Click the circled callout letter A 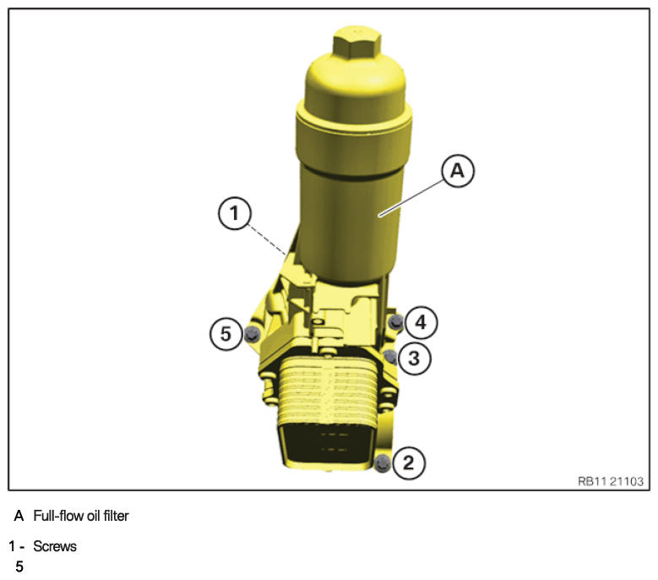coord(458,171)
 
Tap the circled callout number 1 coord(235,213)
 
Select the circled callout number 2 coord(408,462)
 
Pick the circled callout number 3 coord(414,358)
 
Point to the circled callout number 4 coord(421,322)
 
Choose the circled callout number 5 coord(226,334)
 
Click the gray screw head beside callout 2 coord(382,463)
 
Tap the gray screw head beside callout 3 coord(390,357)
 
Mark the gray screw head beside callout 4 coord(395,322)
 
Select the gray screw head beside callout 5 coord(252,334)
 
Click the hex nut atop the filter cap coord(357,42)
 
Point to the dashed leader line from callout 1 coord(267,239)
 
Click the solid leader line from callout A coord(411,197)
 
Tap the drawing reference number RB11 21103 coord(610,481)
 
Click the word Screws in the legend coord(55,546)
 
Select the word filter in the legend coord(117,516)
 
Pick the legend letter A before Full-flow coord(19,516)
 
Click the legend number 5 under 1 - coord(19,566)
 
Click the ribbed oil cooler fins coord(327,391)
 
